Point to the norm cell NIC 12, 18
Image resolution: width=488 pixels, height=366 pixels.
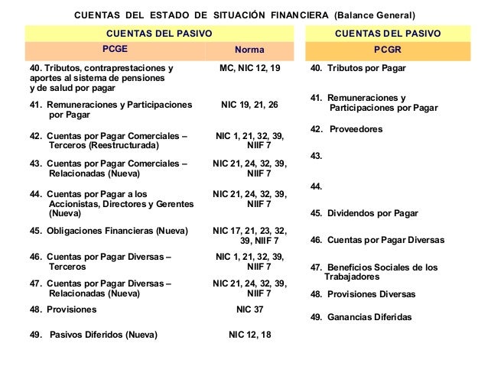(x=250, y=334)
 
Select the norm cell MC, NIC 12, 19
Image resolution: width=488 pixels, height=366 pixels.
(x=250, y=69)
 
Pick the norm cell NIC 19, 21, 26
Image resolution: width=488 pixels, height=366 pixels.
(x=250, y=104)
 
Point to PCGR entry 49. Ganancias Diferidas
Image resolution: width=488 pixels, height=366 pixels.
(x=360, y=317)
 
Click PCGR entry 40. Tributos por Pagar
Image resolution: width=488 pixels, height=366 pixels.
(x=358, y=69)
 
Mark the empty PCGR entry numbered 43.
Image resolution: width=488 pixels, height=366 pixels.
(x=316, y=156)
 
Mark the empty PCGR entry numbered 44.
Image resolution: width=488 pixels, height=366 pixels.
(x=316, y=186)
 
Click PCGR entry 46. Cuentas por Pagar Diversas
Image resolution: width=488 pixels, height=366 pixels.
(x=377, y=241)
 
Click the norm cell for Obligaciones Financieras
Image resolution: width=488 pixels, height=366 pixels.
(x=250, y=235)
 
